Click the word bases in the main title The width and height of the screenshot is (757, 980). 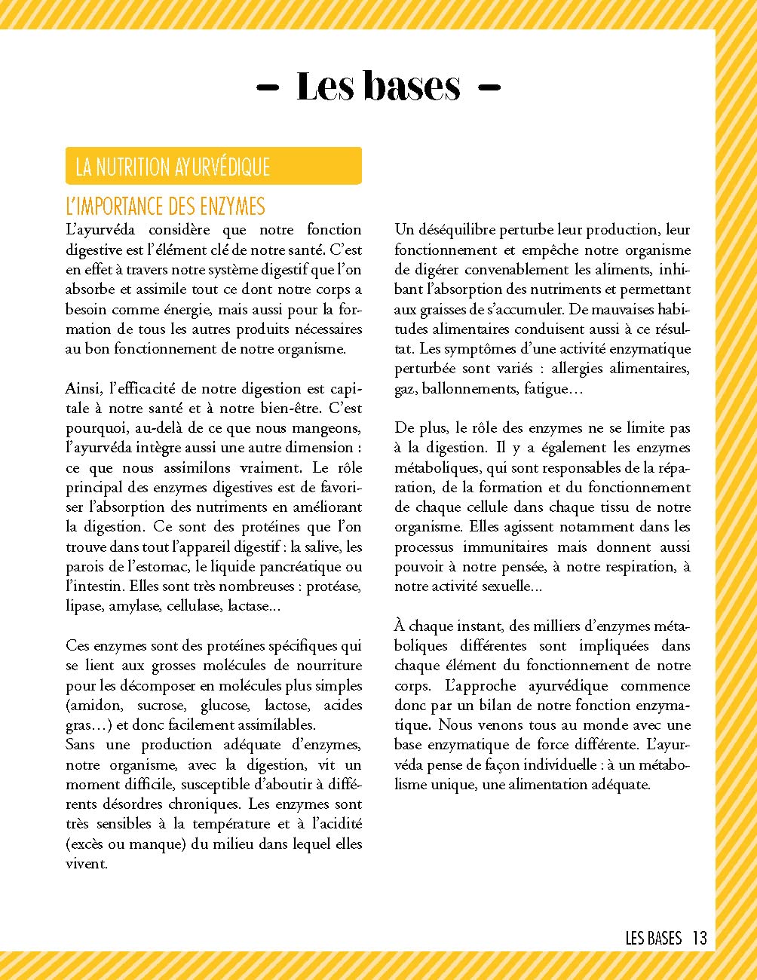point(411,86)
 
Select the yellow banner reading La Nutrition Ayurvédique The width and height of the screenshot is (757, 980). point(213,166)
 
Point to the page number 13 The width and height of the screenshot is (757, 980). point(699,938)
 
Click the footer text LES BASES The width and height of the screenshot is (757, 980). point(653,938)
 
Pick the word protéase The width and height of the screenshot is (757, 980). point(332,586)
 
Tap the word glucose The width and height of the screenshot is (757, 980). point(224,705)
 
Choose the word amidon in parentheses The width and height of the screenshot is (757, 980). point(96,705)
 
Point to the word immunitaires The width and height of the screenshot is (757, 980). point(504,547)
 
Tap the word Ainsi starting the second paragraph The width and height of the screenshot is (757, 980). point(84,388)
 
